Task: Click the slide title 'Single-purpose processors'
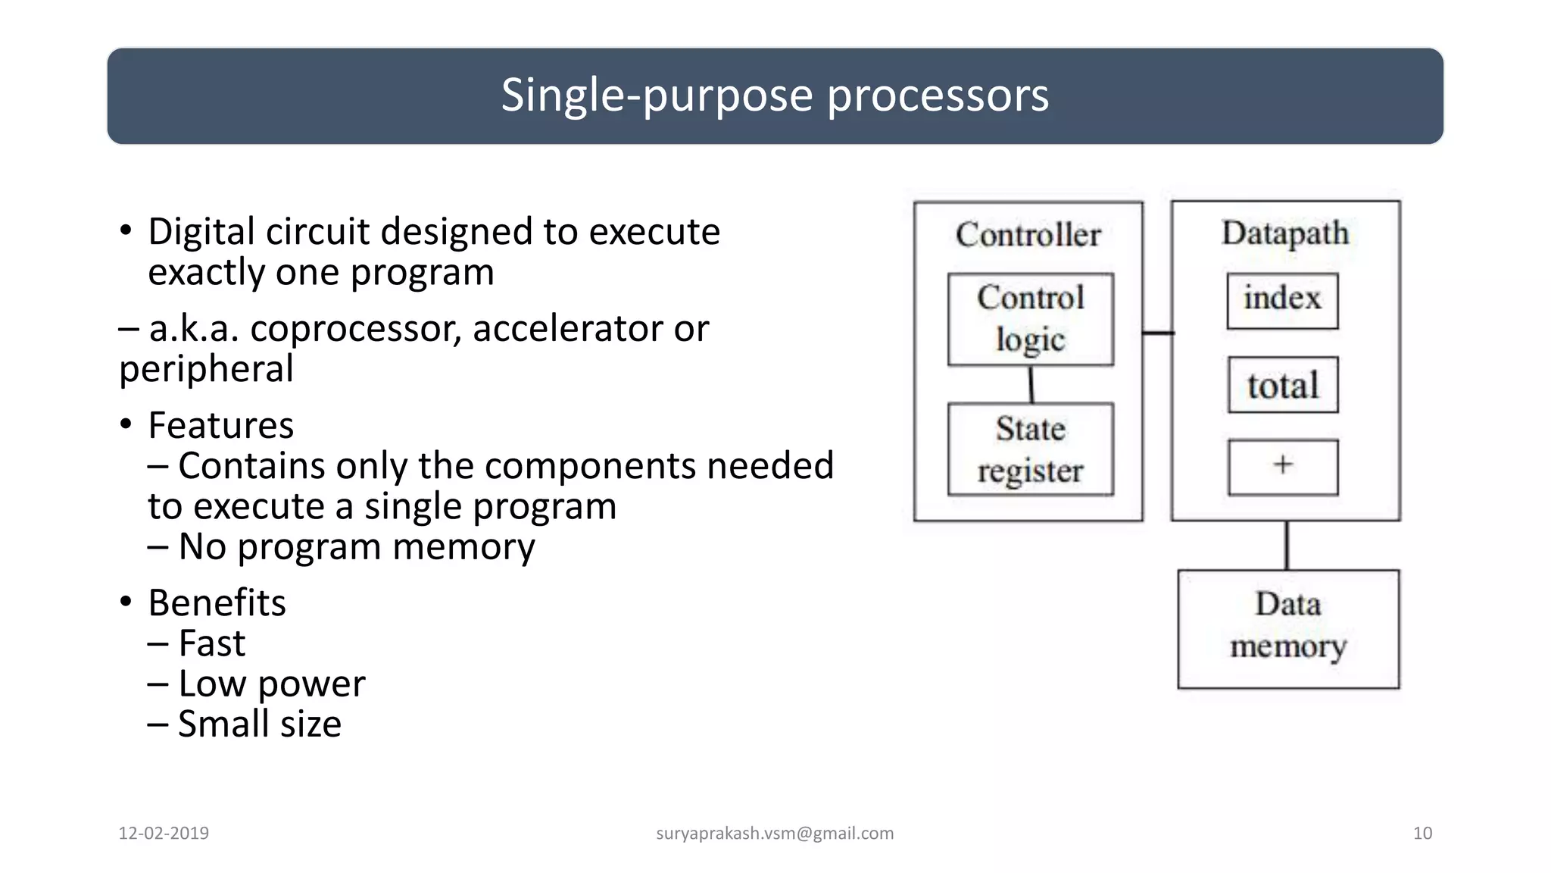[x=775, y=95]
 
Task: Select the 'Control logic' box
[x=1030, y=319]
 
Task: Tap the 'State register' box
[x=1030, y=449]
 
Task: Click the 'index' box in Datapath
[x=1282, y=301]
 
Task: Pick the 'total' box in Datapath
[x=1282, y=385]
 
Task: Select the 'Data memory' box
[x=1287, y=628]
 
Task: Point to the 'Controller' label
[x=1028, y=234]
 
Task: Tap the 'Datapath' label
[x=1285, y=233]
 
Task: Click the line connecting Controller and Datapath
[x=1157, y=333]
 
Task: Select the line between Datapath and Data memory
[x=1286, y=545]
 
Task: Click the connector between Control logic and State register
[x=1031, y=384]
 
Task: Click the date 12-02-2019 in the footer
[x=164, y=833]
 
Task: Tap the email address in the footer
[x=775, y=833]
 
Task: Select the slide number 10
[x=1422, y=833]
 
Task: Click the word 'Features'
[x=220, y=425]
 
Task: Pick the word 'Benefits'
[x=217, y=603]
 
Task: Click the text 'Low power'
[x=271, y=684]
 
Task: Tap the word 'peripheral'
[x=206, y=369]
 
